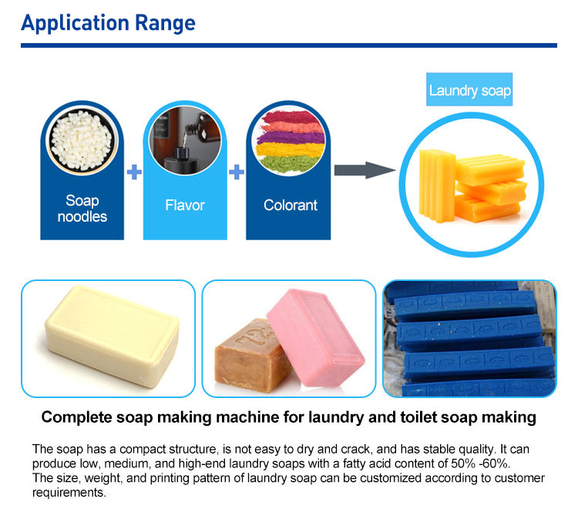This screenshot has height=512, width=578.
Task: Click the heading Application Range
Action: tap(109, 22)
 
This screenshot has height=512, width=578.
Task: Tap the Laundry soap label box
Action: tap(469, 91)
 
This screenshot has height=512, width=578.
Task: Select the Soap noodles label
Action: tap(82, 209)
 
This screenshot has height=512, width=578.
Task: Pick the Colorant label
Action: tap(291, 206)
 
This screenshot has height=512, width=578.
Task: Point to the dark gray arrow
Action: tap(365, 169)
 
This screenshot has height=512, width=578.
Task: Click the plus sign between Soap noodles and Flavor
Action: tap(134, 172)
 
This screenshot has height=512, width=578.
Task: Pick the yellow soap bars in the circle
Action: tap(470, 182)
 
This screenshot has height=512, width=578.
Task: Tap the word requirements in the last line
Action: tap(67, 491)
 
